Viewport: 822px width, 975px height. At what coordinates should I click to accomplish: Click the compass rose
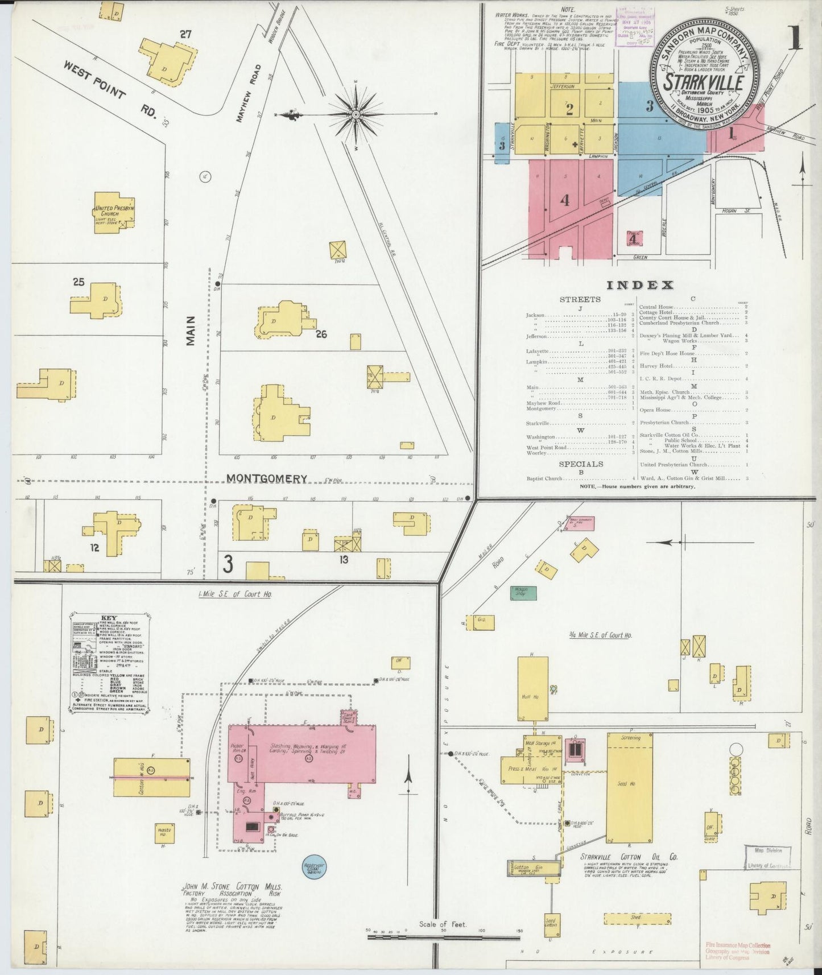356,114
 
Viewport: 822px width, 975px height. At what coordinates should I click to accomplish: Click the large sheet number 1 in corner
794,39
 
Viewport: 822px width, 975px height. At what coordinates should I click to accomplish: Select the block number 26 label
321,334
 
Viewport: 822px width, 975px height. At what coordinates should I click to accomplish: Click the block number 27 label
185,34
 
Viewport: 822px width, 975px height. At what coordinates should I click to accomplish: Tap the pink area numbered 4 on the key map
564,200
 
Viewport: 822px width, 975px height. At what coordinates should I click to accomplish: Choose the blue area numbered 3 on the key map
649,106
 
